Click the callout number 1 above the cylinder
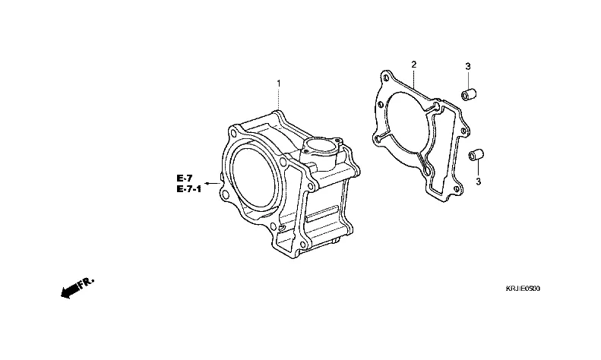[x=278, y=83]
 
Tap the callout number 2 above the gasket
[x=413, y=65]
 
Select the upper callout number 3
[x=468, y=67]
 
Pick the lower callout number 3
[x=479, y=182]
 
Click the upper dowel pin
[x=468, y=96]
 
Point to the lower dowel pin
[x=476, y=155]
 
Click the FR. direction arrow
[x=74, y=288]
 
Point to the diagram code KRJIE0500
[x=524, y=289]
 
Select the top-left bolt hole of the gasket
[x=387, y=78]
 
